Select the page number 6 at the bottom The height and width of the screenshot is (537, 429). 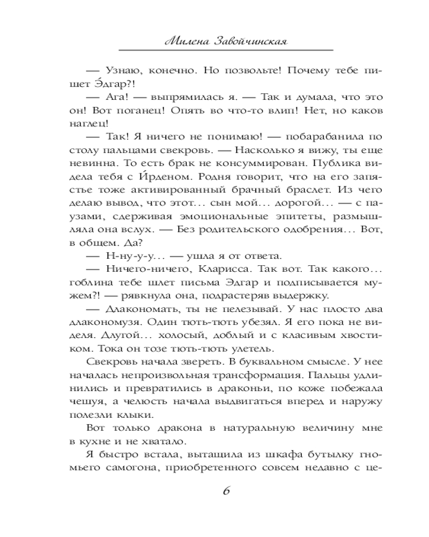pyautogui.click(x=226, y=493)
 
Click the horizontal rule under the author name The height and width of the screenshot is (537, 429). pyautogui.click(x=225, y=50)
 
